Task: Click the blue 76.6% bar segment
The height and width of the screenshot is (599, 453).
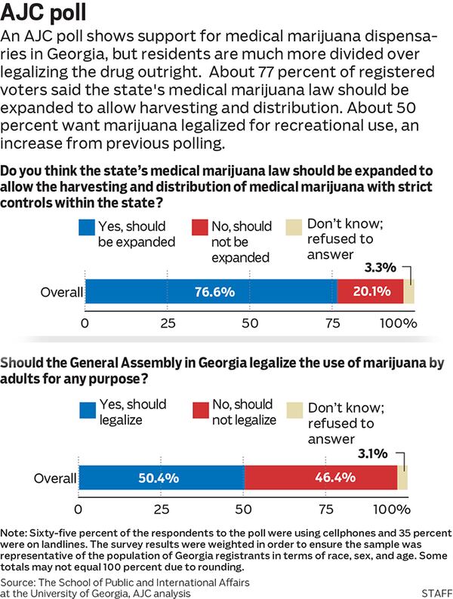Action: pyautogui.click(x=211, y=291)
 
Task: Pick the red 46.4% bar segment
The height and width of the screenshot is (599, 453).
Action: pyautogui.click(x=320, y=478)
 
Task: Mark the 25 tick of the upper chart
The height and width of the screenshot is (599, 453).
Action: pyautogui.click(x=168, y=323)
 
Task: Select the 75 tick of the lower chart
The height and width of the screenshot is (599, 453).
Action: pyautogui.click(x=327, y=509)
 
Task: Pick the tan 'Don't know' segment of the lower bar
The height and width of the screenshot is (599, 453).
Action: pyautogui.click(x=402, y=478)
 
